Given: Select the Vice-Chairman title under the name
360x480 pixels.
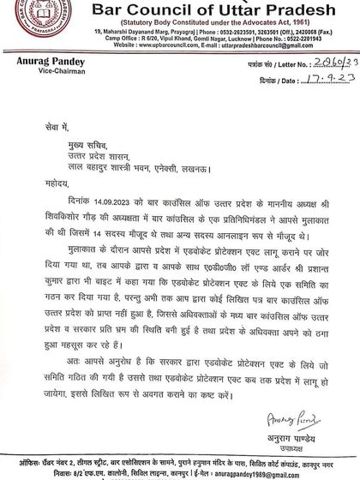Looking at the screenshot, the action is click(36, 73).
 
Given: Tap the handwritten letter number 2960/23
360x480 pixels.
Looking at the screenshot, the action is click(311, 63).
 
